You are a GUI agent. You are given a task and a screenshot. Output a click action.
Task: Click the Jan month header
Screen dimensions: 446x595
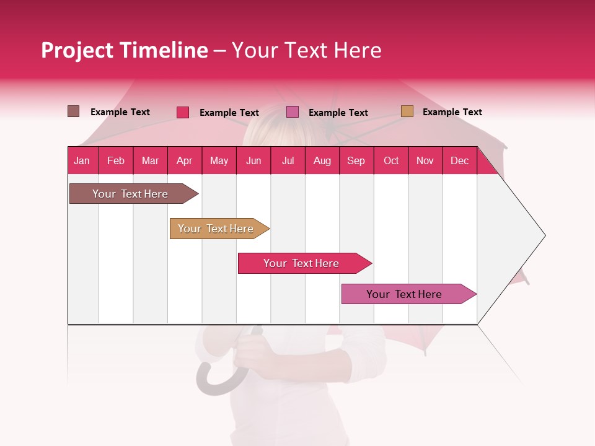tap(82, 160)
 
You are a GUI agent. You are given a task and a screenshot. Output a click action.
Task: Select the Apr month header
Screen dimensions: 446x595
tap(184, 160)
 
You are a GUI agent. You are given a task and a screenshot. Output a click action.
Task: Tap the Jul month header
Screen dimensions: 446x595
tap(288, 160)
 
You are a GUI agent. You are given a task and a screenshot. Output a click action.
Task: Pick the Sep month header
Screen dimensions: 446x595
tap(356, 160)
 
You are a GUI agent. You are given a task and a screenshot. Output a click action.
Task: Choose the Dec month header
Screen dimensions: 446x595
tap(459, 160)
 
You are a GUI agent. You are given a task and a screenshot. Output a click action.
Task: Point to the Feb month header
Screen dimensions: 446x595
tap(116, 160)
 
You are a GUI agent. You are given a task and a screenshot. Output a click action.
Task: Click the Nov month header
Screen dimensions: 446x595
tap(425, 160)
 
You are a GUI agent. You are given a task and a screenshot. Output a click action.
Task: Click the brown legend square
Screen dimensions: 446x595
tap(74, 111)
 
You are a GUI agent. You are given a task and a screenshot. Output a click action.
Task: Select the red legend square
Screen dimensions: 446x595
tap(183, 112)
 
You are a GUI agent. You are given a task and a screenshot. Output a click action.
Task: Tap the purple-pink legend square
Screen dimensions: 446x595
tap(293, 112)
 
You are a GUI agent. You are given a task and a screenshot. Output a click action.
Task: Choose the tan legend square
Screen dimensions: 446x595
tap(407, 111)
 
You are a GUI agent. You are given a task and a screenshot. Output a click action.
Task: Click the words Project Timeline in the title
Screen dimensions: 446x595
tap(125, 50)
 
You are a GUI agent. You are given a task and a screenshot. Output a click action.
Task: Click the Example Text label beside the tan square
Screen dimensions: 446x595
tap(452, 112)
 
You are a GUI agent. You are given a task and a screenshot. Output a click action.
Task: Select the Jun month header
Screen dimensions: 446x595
tap(253, 160)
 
